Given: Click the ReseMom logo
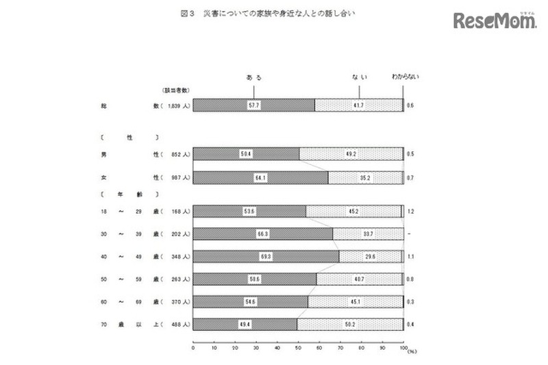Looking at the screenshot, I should [493, 21].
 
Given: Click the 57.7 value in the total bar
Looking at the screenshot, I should [254, 105].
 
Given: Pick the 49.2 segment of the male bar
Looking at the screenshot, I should [351, 153].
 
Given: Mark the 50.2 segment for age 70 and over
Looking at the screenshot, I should [350, 323].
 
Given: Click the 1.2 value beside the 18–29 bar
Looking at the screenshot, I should [410, 212].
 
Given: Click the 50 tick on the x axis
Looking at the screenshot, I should [298, 349].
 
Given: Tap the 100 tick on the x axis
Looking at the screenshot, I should [402, 349].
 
